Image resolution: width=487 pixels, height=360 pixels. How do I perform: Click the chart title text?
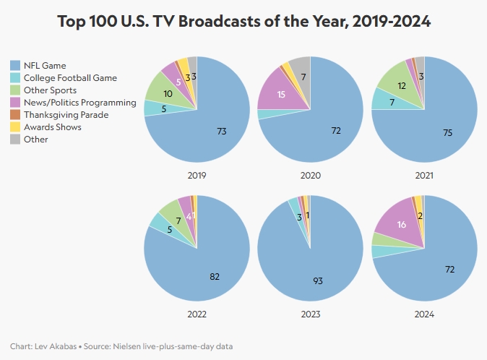[243, 22]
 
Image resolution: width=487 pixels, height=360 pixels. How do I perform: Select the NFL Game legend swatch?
[15, 66]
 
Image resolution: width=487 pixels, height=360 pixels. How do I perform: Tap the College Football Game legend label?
[69, 78]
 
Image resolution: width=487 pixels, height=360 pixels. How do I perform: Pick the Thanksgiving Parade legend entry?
[66, 115]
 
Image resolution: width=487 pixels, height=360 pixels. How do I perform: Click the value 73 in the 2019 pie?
[222, 131]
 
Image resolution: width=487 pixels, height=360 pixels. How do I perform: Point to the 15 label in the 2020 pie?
[281, 94]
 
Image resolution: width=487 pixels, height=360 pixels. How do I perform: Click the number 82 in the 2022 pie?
[214, 276]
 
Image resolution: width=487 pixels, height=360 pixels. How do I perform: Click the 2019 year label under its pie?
[197, 176]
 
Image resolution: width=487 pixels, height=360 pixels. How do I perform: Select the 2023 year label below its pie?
[310, 314]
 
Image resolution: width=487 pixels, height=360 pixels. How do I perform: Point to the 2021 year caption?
[423, 176]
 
